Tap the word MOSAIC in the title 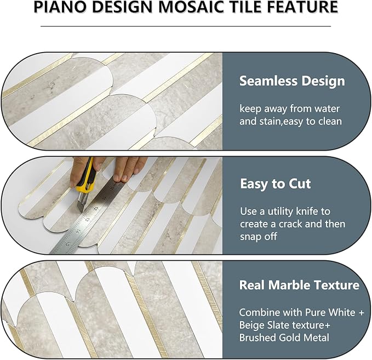point(199,8)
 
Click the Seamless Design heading point(292,81)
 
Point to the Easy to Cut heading point(276,184)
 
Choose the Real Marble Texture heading point(299,285)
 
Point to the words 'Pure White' point(327,312)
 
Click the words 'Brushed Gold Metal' point(284,338)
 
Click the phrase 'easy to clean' point(314,121)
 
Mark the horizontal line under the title point(186,26)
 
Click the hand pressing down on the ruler point(129,167)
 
